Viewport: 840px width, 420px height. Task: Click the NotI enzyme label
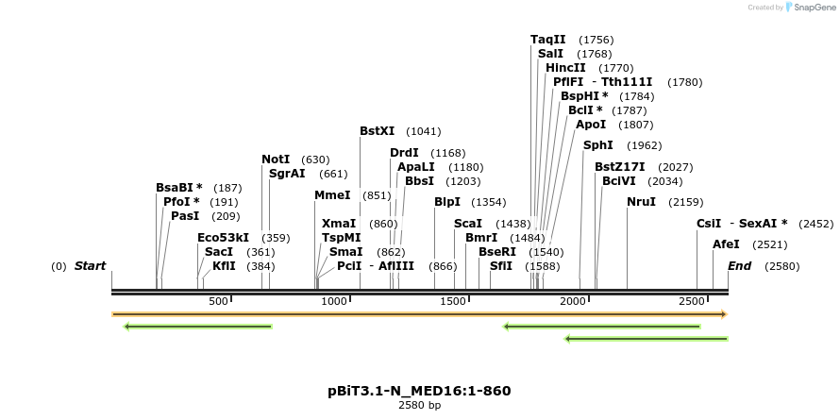pyautogui.click(x=276, y=160)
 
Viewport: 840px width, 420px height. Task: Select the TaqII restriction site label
pyautogui.click(x=547, y=40)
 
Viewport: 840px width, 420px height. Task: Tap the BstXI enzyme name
pyautogui.click(x=378, y=131)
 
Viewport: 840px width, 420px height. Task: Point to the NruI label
pyautogui.click(x=641, y=202)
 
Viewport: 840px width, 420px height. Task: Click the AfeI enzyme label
pyautogui.click(x=726, y=244)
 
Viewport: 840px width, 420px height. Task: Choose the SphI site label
pyautogui.click(x=597, y=145)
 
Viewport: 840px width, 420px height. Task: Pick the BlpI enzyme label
pyautogui.click(x=447, y=202)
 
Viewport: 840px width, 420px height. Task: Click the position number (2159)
pyautogui.click(x=686, y=202)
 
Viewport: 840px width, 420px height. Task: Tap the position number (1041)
pyautogui.click(x=424, y=131)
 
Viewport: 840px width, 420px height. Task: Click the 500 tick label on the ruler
pyautogui.click(x=219, y=301)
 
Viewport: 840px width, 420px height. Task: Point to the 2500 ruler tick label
pyautogui.click(x=693, y=301)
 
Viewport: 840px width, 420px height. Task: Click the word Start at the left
pyautogui.click(x=90, y=266)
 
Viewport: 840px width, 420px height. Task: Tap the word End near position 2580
pyautogui.click(x=739, y=266)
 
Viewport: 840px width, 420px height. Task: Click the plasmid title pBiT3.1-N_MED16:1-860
pyautogui.click(x=419, y=390)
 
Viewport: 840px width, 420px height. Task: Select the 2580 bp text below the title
pyautogui.click(x=419, y=405)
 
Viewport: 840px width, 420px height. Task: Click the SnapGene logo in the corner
pyautogui.click(x=811, y=8)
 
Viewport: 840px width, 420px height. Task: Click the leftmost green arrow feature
pyautogui.click(x=198, y=327)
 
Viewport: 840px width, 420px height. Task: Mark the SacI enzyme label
pyautogui.click(x=218, y=252)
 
